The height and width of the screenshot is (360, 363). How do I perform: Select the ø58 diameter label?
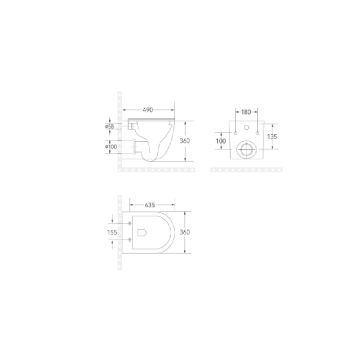(109, 126)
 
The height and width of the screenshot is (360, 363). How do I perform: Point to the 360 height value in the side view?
(191, 141)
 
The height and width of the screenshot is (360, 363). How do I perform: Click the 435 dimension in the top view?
(150, 205)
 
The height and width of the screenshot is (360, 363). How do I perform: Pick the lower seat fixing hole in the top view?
(129, 239)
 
